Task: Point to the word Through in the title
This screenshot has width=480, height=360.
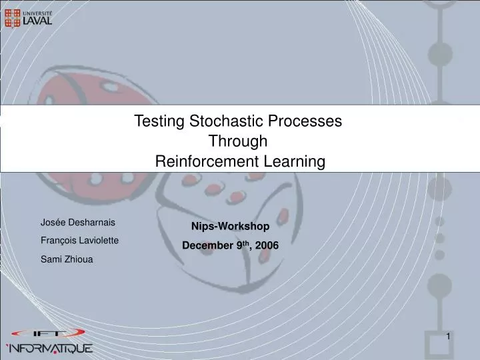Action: pyautogui.click(x=239, y=141)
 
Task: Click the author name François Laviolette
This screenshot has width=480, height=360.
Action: pyautogui.click(x=79, y=241)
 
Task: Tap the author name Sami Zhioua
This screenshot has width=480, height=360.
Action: pyautogui.click(x=67, y=259)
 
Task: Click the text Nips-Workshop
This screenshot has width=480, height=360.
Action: pyautogui.click(x=230, y=227)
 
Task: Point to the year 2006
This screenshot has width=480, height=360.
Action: pyautogui.click(x=266, y=245)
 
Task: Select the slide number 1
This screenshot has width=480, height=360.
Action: pyautogui.click(x=449, y=337)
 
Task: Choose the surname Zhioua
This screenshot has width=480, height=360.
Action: pyautogui.click(x=79, y=259)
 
